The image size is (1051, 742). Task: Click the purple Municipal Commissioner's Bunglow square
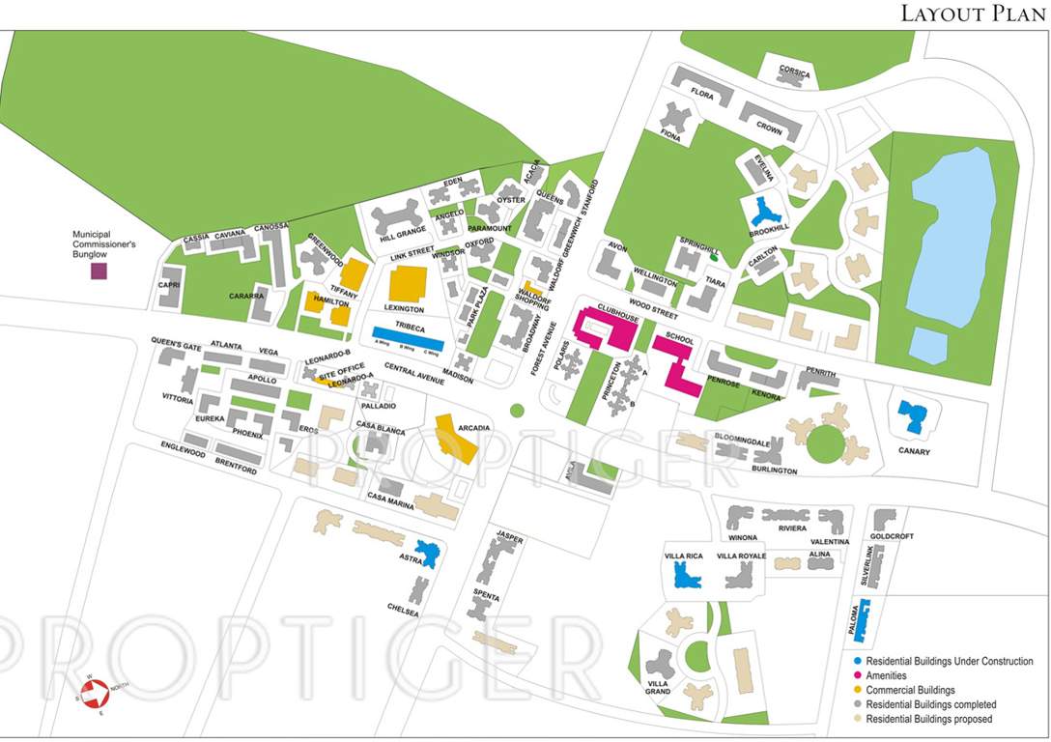pos(99,271)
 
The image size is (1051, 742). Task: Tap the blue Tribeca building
pos(408,337)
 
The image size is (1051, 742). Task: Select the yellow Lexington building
pos(407,286)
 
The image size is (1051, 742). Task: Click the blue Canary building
pos(910,416)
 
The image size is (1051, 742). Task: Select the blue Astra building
pos(427,553)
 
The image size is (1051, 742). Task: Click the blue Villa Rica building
pos(687,576)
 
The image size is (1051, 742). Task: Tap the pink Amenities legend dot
pos(857,676)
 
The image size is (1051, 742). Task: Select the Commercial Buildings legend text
pos(910,691)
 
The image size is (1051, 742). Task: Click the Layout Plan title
pos(971,14)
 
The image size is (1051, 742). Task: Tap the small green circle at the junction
pos(517,411)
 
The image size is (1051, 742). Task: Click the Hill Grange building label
pos(403,233)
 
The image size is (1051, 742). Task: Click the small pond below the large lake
pos(928,346)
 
